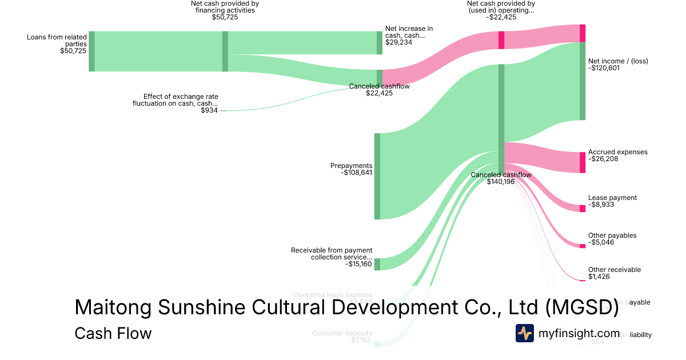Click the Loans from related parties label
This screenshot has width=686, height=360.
(57, 41)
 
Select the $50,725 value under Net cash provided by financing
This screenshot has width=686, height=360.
(225, 17)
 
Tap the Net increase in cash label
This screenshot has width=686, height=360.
(409, 31)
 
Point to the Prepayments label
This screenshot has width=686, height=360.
(351, 166)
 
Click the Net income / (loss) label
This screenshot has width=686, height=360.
(618, 61)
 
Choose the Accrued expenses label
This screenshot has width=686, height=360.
(617, 152)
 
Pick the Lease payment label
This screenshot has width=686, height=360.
(612, 198)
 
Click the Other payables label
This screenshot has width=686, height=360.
(612, 235)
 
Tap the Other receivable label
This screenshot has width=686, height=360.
(615, 270)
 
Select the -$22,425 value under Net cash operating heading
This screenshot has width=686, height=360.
(501, 17)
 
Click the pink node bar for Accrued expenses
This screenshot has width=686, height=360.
(583, 162)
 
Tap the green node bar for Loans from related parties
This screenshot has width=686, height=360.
(91, 51)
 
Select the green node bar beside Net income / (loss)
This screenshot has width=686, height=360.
(583, 81)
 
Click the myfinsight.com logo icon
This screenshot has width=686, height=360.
(525, 333)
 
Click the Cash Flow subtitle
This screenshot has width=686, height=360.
(113, 333)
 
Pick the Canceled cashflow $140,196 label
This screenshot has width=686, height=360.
(501, 178)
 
